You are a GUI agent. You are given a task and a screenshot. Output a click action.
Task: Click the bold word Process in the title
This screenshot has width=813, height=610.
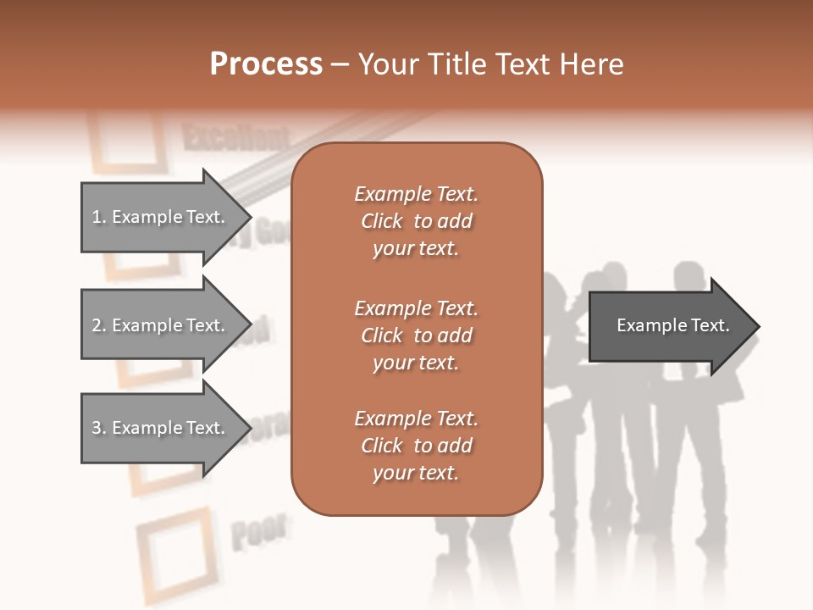pyautogui.click(x=266, y=64)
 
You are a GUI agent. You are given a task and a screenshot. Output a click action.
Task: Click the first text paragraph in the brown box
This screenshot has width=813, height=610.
pyautogui.click(x=416, y=221)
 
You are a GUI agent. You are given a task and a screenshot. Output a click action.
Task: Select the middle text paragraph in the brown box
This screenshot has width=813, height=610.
pyautogui.click(x=416, y=335)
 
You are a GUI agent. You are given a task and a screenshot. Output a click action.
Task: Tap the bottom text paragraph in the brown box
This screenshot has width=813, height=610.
pyautogui.click(x=416, y=446)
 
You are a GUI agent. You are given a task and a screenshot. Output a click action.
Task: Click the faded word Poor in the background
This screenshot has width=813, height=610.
pyautogui.click(x=258, y=532)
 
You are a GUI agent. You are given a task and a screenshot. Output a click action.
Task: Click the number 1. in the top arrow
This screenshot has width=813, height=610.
pyautogui.click(x=99, y=217)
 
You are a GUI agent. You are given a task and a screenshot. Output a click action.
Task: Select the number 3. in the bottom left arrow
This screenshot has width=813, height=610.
pyautogui.click(x=99, y=428)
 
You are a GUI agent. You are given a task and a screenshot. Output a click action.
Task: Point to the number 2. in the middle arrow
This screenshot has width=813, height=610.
pyautogui.click(x=99, y=325)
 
